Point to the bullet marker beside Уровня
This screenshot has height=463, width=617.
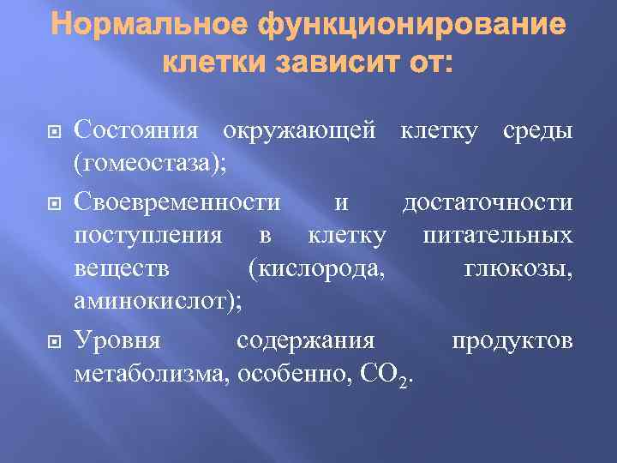pos(50,340)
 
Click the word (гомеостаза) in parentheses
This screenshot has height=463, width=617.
pos(151,164)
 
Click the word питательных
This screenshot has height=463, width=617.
pos(498,235)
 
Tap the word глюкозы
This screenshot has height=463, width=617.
pos(518,269)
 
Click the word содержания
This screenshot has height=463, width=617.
pos(306,340)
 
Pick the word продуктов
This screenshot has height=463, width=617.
pos(512,340)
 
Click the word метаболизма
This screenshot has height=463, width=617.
pos(152,374)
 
